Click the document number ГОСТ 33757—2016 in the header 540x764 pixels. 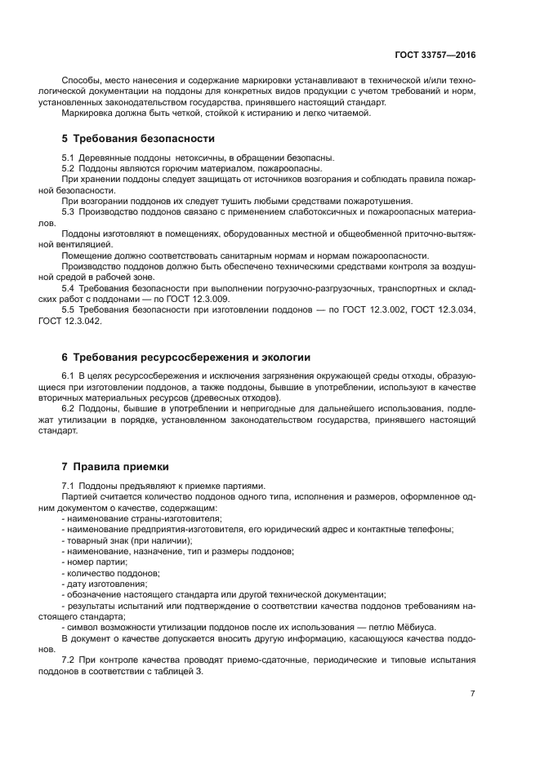[x=435, y=55]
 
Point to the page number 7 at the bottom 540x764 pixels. [x=472, y=693]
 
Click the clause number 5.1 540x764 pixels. [x=69, y=157]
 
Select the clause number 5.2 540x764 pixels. [x=69, y=167]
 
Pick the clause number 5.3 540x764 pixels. [x=69, y=211]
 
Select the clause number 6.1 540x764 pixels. [x=69, y=376]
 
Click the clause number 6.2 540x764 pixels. [x=69, y=409]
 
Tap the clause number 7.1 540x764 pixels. [x=69, y=486]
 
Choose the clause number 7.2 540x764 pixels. [x=69, y=660]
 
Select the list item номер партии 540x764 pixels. [x=97, y=562]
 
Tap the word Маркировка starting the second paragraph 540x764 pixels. [x=88, y=113]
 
